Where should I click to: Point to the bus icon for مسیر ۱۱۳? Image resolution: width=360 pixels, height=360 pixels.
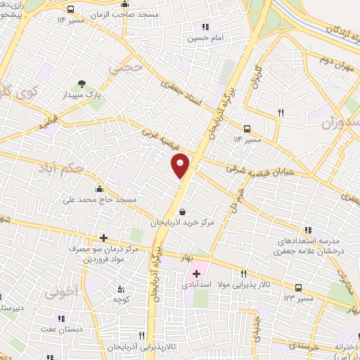299,288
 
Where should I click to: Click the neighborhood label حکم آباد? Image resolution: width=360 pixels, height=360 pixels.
82,169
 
